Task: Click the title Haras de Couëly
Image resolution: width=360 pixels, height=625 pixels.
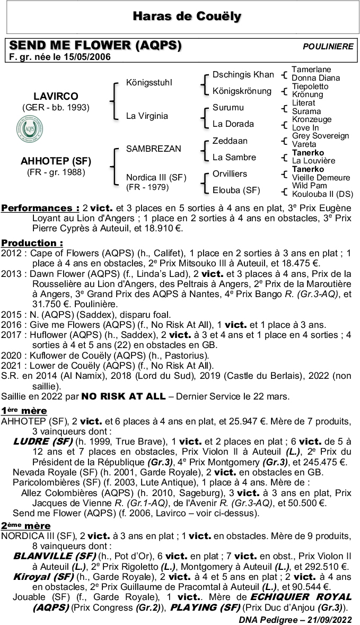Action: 187,17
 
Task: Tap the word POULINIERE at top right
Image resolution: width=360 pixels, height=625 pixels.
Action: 328,47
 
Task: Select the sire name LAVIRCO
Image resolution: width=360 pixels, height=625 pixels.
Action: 56,97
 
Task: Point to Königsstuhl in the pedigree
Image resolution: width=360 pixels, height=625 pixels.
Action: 149,83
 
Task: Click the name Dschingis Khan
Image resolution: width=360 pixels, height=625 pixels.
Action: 243,75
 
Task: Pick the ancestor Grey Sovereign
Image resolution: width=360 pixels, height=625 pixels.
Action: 320,136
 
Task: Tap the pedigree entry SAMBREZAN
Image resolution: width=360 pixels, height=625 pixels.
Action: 153,149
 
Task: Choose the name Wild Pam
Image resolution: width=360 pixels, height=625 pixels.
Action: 309,186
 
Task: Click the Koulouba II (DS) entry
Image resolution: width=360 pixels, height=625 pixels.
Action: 322,194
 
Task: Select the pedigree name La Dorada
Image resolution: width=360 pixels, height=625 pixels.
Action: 233,124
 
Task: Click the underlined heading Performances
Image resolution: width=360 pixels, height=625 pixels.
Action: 40,207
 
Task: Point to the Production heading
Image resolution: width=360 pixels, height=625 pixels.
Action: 32,243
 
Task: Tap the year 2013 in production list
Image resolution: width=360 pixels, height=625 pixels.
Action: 11,274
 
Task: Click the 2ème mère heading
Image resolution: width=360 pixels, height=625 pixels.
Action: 25,526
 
